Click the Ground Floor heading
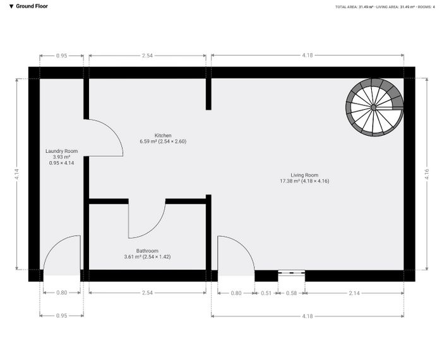[32, 6]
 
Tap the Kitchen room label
[163, 135]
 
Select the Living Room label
[304, 175]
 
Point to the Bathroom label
[147, 251]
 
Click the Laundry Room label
[61, 151]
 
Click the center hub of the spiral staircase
[374, 107]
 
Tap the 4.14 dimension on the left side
[17, 174]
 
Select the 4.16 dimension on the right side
[427, 174]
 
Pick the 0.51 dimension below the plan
[266, 293]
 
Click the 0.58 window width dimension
[291, 293]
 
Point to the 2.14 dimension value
[354, 293]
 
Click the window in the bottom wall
[292, 272]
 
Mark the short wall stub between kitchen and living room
[208, 94]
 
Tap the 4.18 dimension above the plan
[308, 56]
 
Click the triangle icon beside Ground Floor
[11, 6]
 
